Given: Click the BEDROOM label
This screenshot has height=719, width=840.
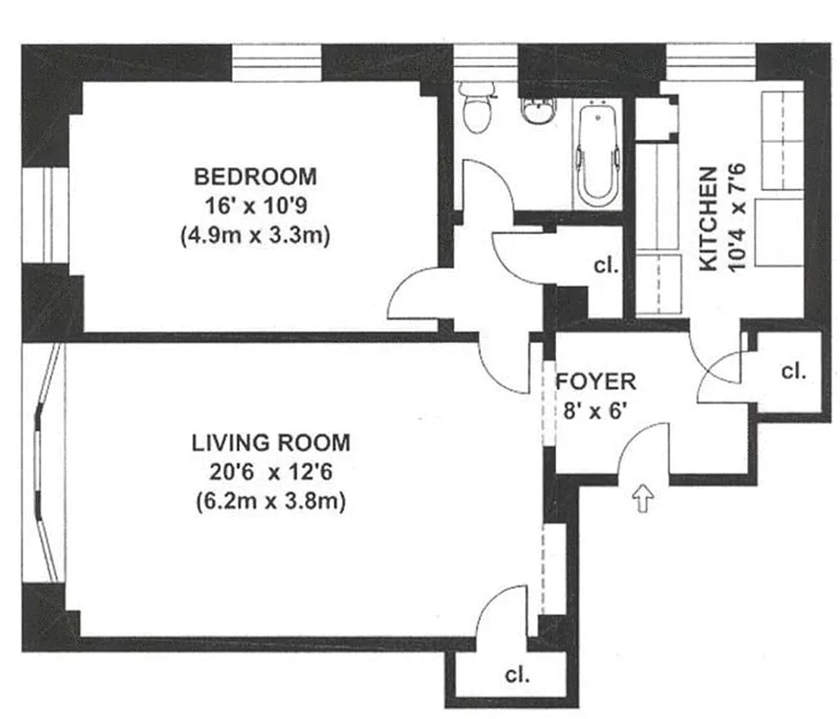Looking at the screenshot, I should click(256, 175).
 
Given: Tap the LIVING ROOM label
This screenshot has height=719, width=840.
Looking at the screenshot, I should click(271, 443).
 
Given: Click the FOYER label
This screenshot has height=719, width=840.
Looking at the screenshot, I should click(596, 381).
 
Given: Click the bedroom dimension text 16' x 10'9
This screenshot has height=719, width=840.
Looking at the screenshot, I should click(256, 206).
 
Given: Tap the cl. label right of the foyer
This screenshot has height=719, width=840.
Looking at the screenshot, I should click(793, 370).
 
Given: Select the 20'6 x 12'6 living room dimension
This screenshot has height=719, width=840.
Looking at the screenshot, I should click(271, 472).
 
